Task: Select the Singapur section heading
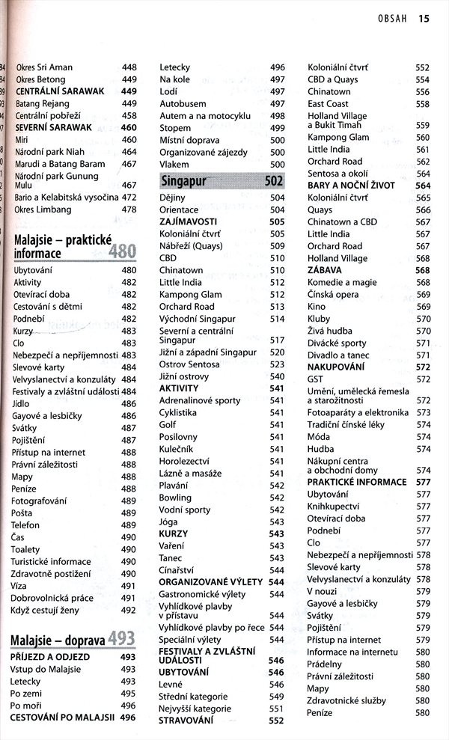[x=184, y=181]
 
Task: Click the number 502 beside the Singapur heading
[x=273, y=181]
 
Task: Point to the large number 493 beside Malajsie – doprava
[x=121, y=638]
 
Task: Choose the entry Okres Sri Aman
[x=44, y=67]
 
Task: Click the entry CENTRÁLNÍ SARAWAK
[x=54, y=91]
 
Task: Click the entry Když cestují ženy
[x=46, y=610]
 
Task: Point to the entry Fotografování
[x=42, y=501]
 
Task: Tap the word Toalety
[x=26, y=549]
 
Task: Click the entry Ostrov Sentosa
[x=189, y=364]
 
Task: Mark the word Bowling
[x=175, y=498]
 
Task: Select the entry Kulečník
[x=177, y=449]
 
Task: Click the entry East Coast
[x=328, y=104]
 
